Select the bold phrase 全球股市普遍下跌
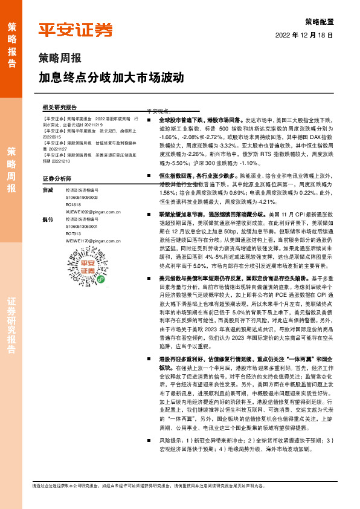coord(180,121)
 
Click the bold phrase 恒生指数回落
coord(175,175)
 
